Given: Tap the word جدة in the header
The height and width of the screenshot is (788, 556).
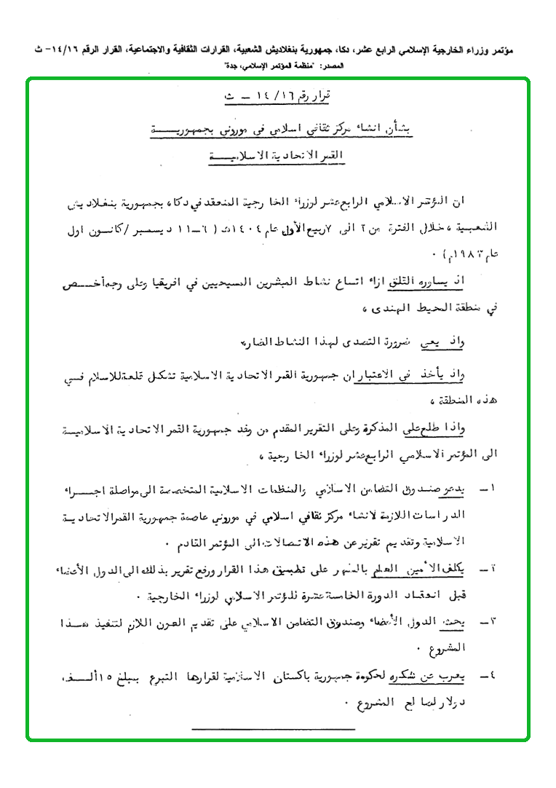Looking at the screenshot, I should [x=230, y=66].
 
